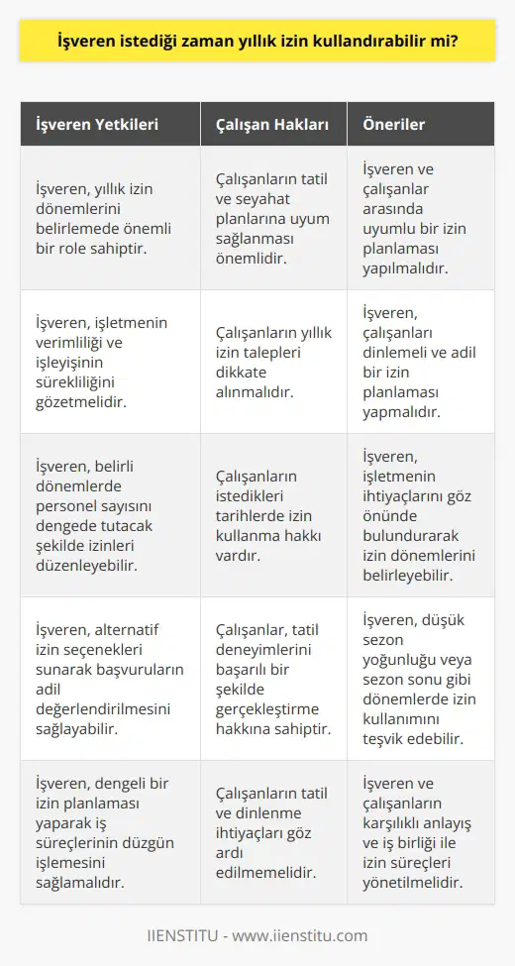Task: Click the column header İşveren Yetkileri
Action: click(x=96, y=126)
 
